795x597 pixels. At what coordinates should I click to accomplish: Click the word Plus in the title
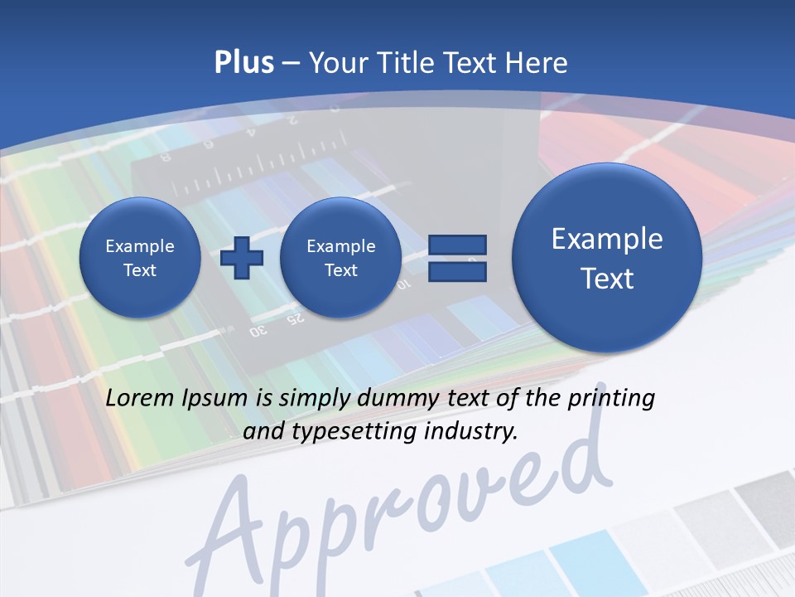[243, 63]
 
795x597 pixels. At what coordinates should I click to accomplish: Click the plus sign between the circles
[242, 257]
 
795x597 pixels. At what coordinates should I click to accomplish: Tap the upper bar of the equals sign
[457, 245]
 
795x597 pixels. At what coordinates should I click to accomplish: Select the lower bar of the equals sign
[457, 272]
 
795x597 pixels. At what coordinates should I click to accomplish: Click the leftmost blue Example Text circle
[140, 257]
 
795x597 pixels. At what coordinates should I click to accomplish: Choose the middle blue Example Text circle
[340, 257]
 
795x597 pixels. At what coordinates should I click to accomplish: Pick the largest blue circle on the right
[607, 257]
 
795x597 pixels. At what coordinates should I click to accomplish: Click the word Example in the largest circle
[607, 239]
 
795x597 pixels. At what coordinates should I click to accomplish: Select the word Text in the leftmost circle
[140, 270]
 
